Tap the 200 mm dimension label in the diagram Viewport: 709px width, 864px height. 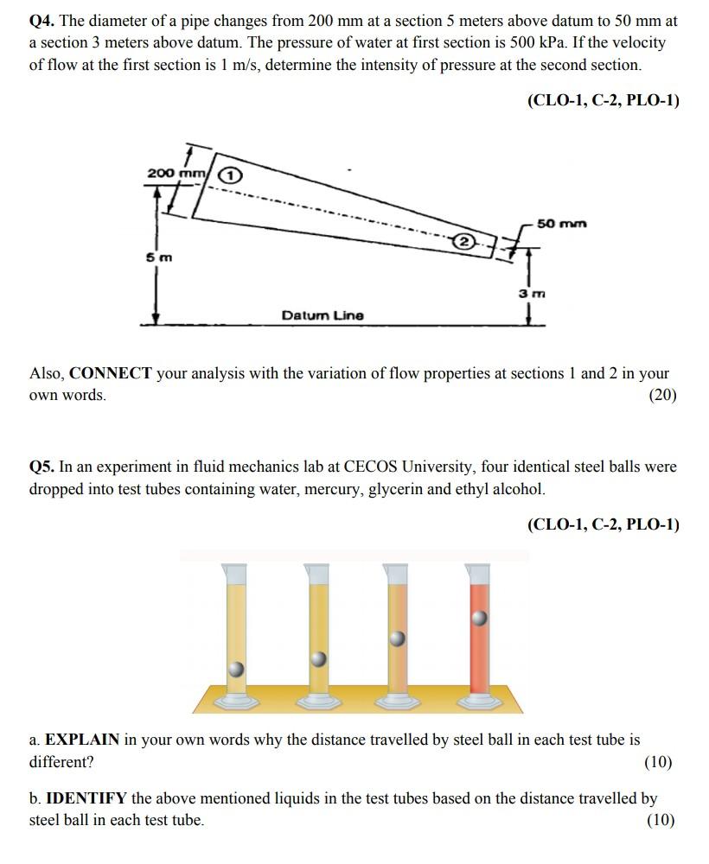coord(176,173)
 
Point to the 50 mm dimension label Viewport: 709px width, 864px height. coord(561,224)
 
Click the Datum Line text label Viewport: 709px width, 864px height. coord(323,315)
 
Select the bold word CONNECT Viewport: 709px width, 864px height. coord(111,374)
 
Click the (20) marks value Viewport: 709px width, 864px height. coord(662,395)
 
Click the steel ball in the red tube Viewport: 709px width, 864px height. coord(479,618)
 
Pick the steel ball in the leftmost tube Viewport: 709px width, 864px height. coord(235,670)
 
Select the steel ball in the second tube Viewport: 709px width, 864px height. coord(318,659)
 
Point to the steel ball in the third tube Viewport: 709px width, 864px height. coord(397,638)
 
